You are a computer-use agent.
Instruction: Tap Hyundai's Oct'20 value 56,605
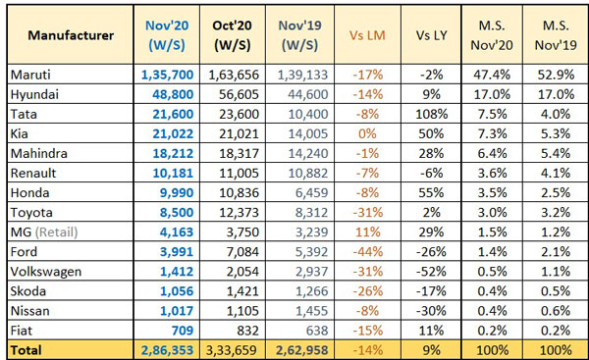(x=234, y=93)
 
